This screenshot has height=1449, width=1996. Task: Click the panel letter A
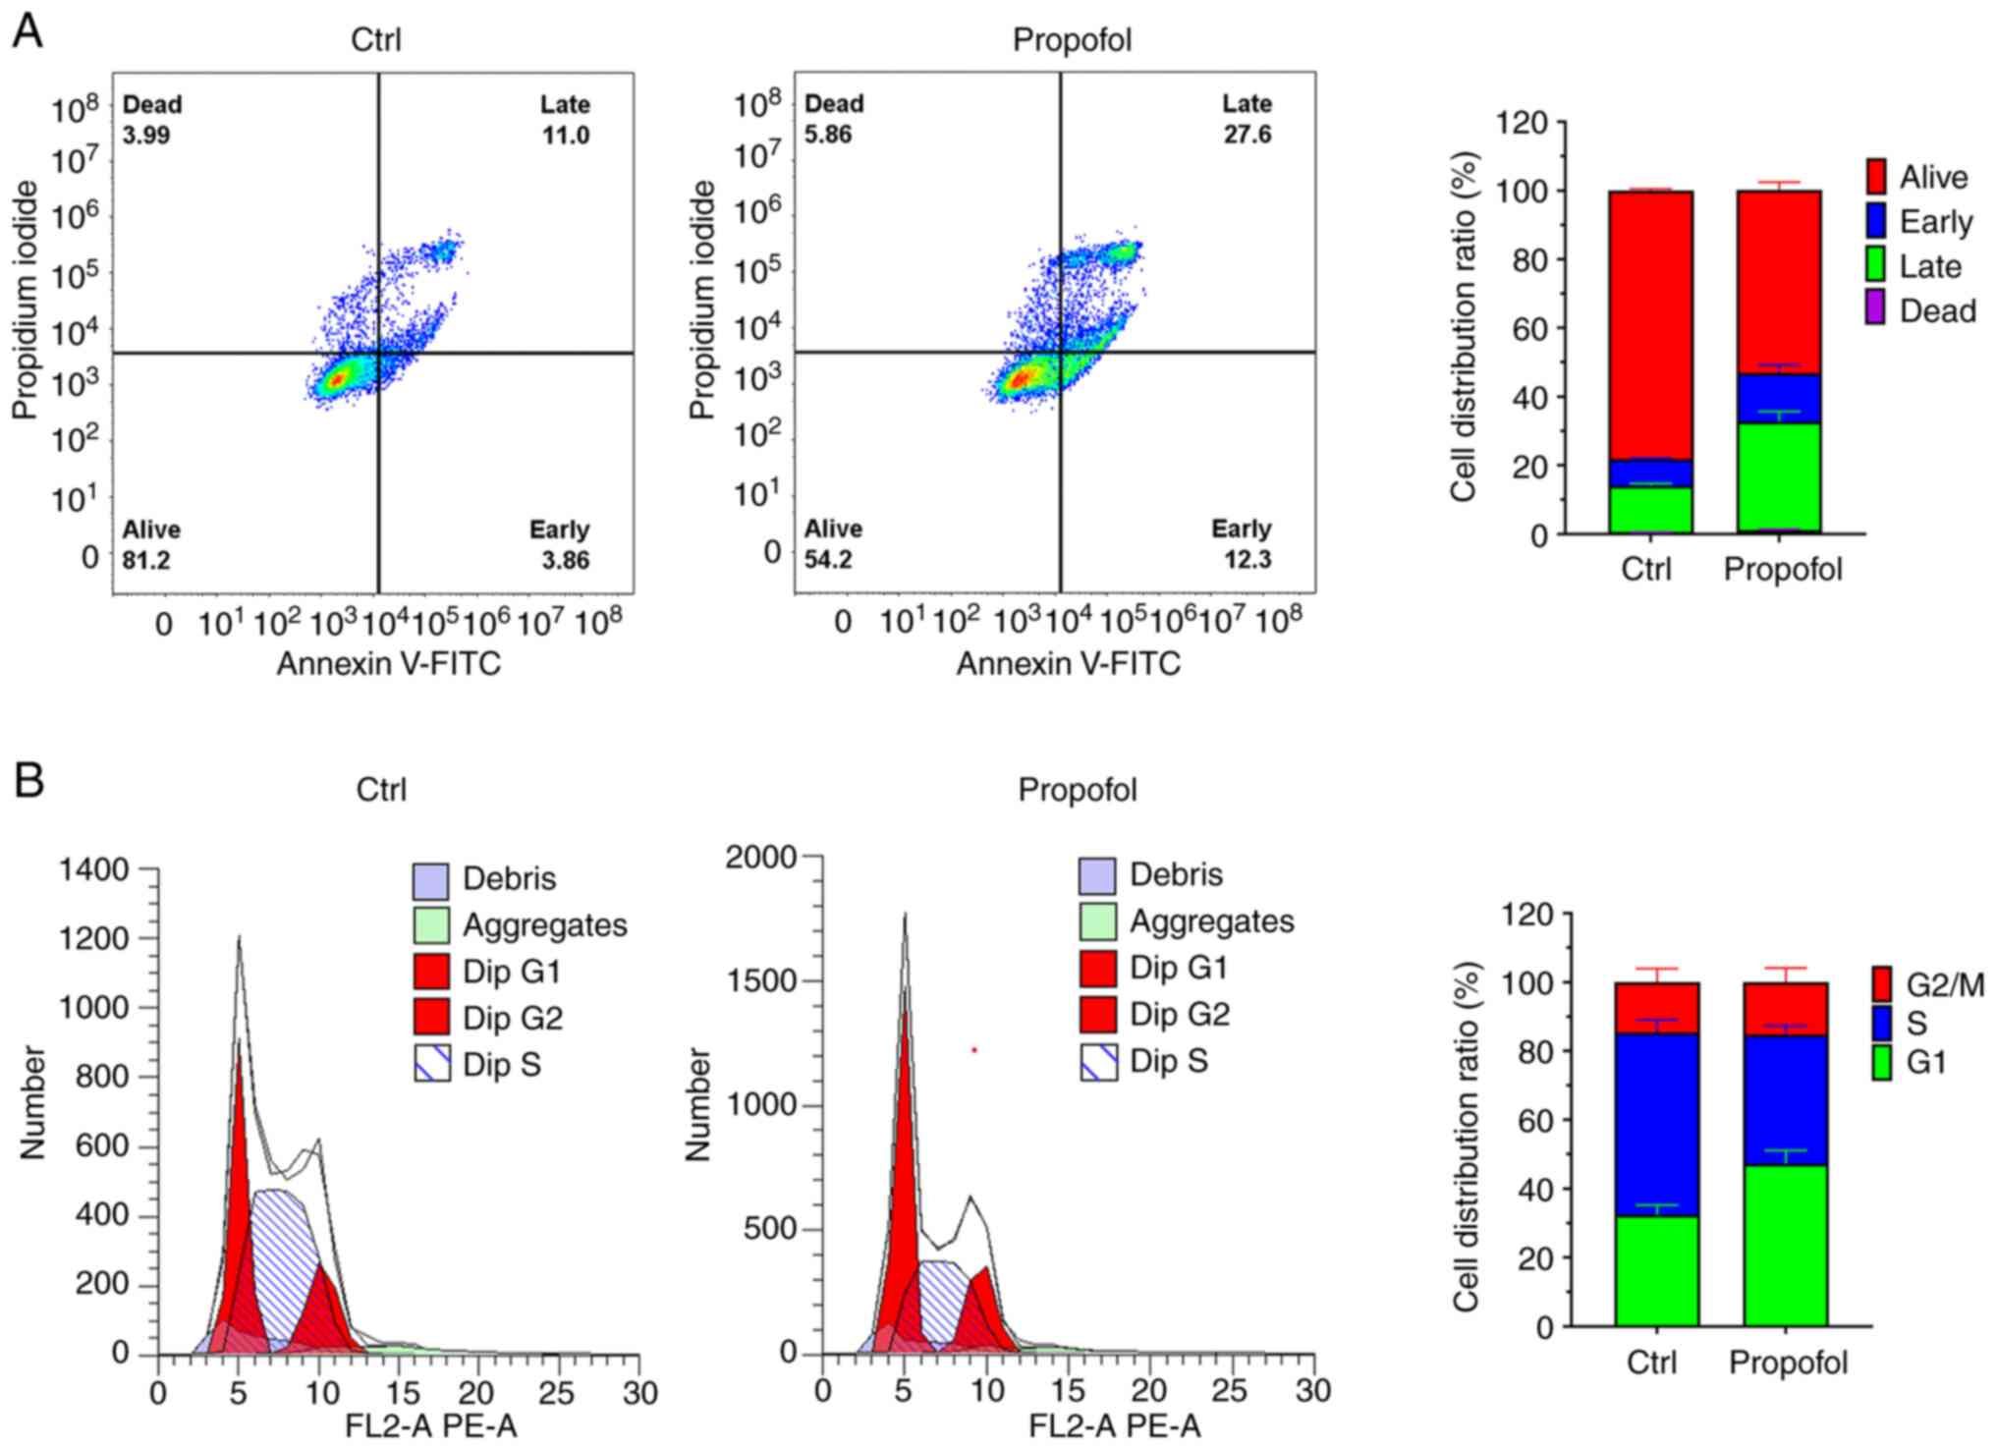point(28,31)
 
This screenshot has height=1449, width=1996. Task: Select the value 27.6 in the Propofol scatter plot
point(1247,135)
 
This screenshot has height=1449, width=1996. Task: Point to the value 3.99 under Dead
point(146,136)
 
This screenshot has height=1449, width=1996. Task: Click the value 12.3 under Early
point(1248,560)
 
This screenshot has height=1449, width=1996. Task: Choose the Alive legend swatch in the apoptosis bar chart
point(1875,177)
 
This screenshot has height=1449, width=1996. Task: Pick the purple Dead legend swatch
point(1875,310)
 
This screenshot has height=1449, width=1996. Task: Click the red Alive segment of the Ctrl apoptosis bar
point(1650,324)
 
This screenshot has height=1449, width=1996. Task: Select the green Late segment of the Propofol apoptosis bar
point(1778,477)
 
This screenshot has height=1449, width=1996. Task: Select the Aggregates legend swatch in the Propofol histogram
point(1097,921)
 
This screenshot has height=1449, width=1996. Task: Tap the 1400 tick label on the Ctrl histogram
point(94,869)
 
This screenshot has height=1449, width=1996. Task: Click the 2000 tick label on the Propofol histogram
point(760,858)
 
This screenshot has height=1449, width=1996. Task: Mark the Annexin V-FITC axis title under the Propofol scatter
point(1068,664)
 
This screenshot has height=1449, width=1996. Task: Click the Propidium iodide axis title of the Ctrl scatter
point(26,300)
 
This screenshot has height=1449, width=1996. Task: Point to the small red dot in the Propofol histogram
point(974,1050)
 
